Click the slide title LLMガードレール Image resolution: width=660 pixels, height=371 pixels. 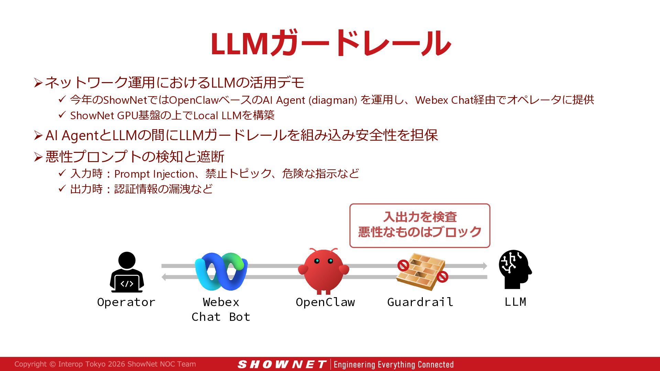(x=330, y=43)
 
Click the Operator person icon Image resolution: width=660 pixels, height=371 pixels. (x=127, y=272)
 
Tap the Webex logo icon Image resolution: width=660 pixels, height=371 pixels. (x=221, y=271)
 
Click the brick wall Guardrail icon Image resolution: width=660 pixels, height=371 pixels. (x=420, y=271)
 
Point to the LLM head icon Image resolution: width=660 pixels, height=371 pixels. (x=515, y=269)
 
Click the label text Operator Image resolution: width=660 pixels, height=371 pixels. (x=126, y=302)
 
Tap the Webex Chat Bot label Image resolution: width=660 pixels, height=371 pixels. (x=221, y=309)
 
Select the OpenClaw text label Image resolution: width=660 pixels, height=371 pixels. (x=325, y=302)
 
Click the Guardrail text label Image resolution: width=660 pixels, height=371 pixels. (x=420, y=302)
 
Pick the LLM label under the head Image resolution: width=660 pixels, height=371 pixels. (x=515, y=302)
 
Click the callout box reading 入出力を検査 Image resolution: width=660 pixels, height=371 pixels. (x=420, y=225)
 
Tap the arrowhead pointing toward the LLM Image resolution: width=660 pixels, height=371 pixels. (x=485, y=266)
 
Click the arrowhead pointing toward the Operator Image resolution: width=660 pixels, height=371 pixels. (x=164, y=277)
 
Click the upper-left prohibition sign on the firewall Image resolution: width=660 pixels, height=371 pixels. (x=403, y=265)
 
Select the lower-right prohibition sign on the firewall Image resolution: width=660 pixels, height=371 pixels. (x=442, y=277)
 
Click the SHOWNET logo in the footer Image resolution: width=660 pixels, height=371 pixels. (x=282, y=364)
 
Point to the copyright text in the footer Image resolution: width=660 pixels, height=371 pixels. (x=105, y=364)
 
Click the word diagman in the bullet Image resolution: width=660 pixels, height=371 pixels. (x=333, y=100)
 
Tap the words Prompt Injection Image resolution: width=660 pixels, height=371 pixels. (x=154, y=174)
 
